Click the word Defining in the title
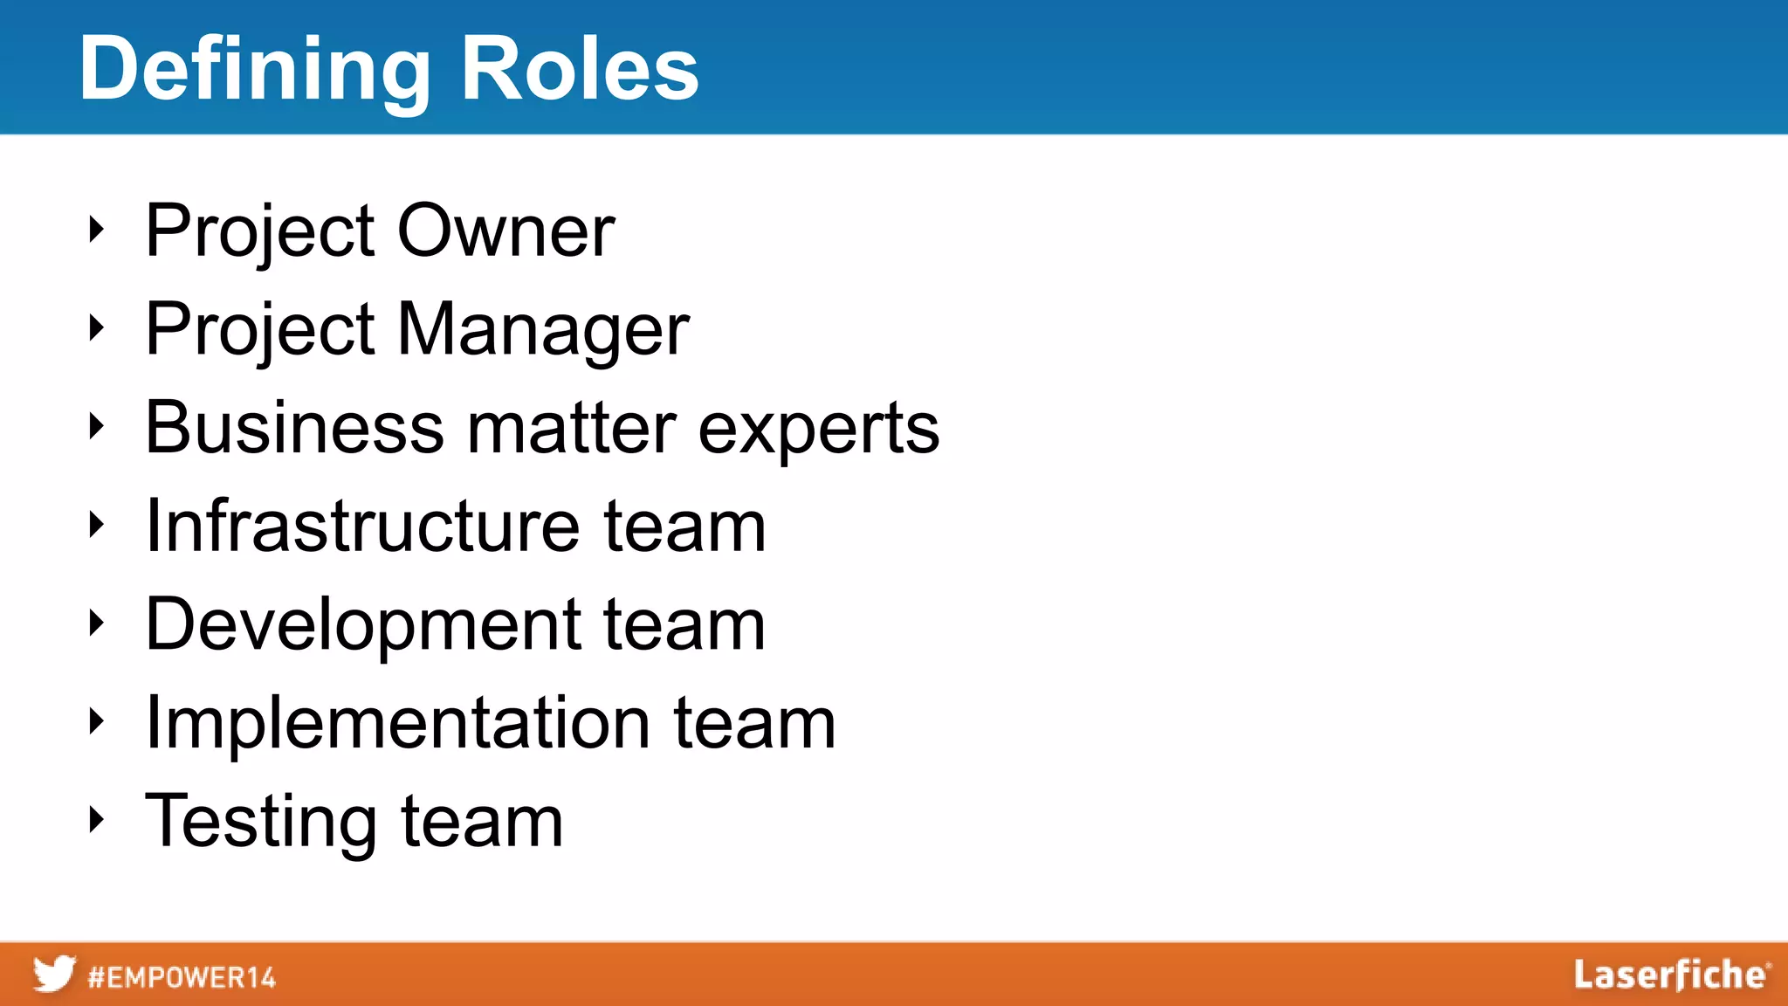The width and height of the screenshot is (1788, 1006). click(254, 70)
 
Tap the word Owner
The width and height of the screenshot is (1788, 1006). click(506, 231)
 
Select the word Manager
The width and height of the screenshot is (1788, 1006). click(544, 330)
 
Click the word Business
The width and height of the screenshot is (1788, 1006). click(294, 428)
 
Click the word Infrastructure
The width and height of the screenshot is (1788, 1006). click(362, 526)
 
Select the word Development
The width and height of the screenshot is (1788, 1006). click(363, 625)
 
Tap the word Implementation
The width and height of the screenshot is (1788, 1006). click(397, 723)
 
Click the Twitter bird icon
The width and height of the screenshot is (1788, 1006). click(54, 974)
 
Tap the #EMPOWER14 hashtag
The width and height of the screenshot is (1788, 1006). click(182, 977)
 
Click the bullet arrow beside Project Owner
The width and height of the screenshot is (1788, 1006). click(97, 230)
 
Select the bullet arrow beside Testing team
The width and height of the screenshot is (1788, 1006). click(97, 819)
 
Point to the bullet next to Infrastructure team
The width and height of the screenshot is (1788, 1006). click(97, 524)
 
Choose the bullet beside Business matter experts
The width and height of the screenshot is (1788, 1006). click(97, 426)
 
